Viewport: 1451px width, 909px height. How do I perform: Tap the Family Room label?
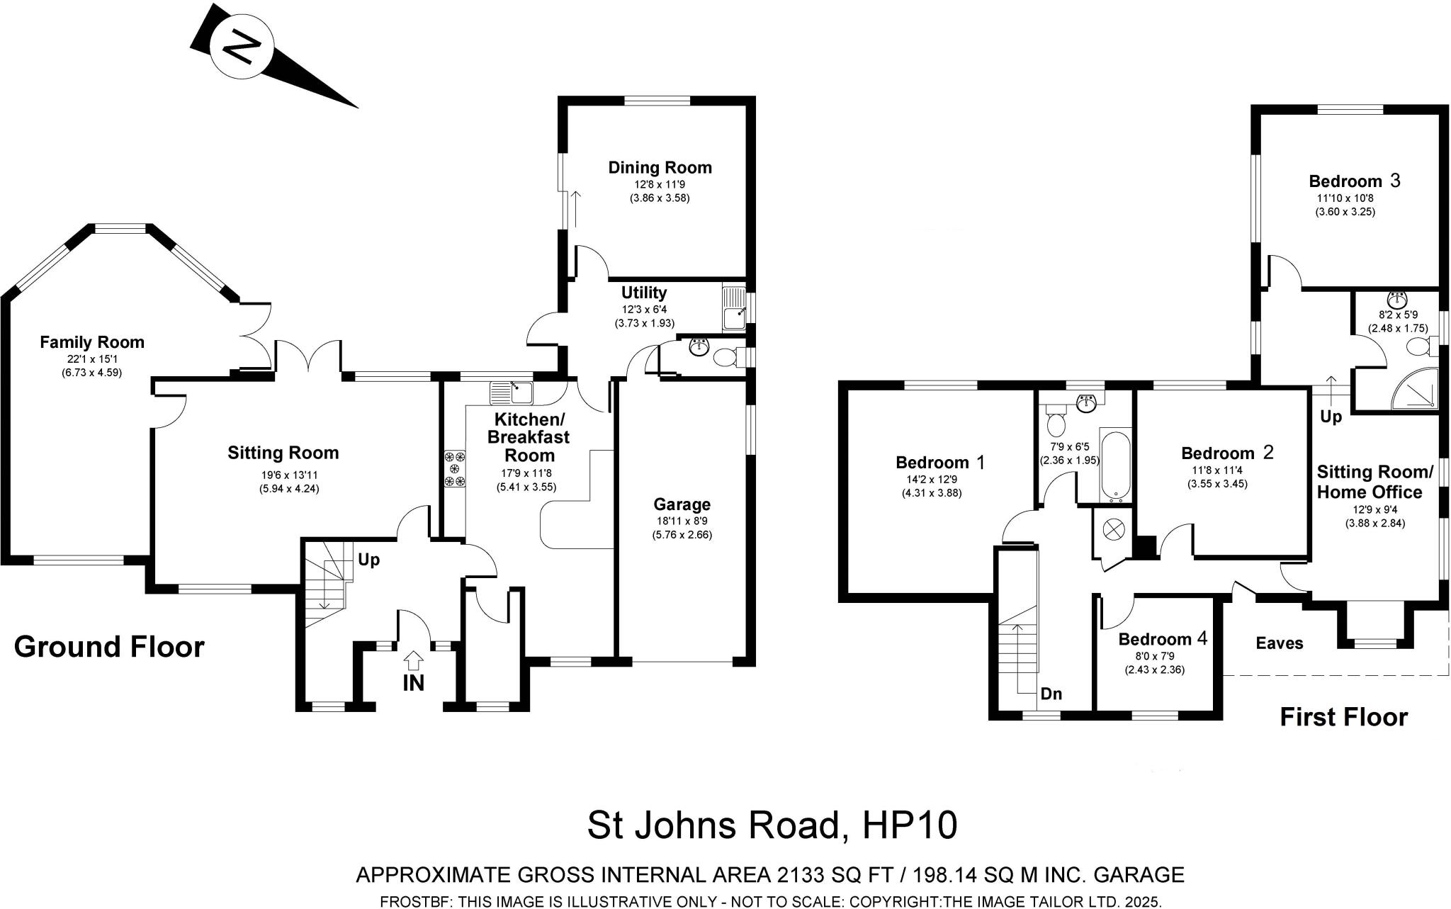(x=91, y=342)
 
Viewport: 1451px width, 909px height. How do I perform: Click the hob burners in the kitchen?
(x=454, y=469)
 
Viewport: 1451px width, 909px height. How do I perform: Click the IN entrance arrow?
(x=413, y=661)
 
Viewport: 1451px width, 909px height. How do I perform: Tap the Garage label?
(x=682, y=504)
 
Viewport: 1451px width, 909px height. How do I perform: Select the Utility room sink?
(x=734, y=309)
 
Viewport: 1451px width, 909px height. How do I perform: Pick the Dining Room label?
(x=660, y=168)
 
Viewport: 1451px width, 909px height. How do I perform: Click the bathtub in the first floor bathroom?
(x=1115, y=465)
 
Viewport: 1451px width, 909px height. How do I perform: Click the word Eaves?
(x=1280, y=643)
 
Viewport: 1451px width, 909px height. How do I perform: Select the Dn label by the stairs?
(x=1051, y=694)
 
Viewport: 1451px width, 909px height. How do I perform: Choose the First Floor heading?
(x=1343, y=718)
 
